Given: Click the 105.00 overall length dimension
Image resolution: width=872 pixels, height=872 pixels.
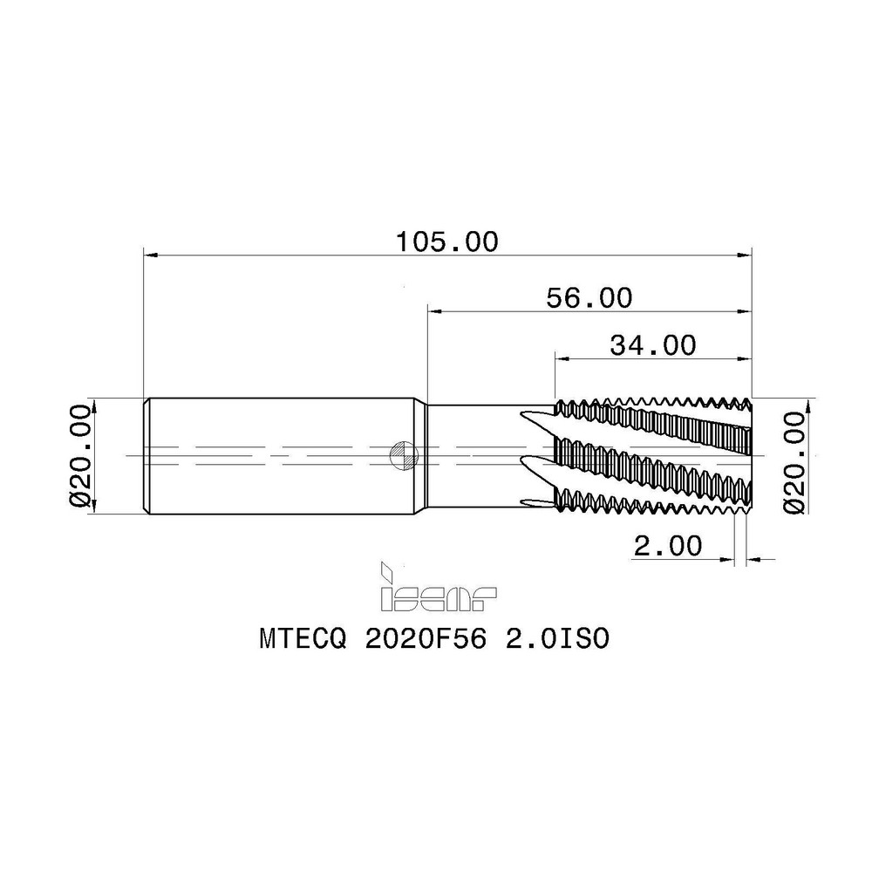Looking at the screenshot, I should pyautogui.click(x=446, y=242).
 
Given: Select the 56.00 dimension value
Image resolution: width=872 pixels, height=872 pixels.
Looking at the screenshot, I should pyautogui.click(x=589, y=297).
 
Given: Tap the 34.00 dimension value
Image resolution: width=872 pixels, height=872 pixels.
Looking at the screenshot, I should pyautogui.click(x=653, y=345).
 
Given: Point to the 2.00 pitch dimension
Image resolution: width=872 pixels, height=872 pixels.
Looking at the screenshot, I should pyautogui.click(x=667, y=546).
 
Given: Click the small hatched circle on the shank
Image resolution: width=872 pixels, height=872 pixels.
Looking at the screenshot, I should pyautogui.click(x=403, y=453).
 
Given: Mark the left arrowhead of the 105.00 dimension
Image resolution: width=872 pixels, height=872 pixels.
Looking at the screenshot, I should pyautogui.click(x=150, y=255).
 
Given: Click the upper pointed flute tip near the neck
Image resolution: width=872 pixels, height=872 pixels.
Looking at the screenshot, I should pyautogui.click(x=524, y=414).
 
